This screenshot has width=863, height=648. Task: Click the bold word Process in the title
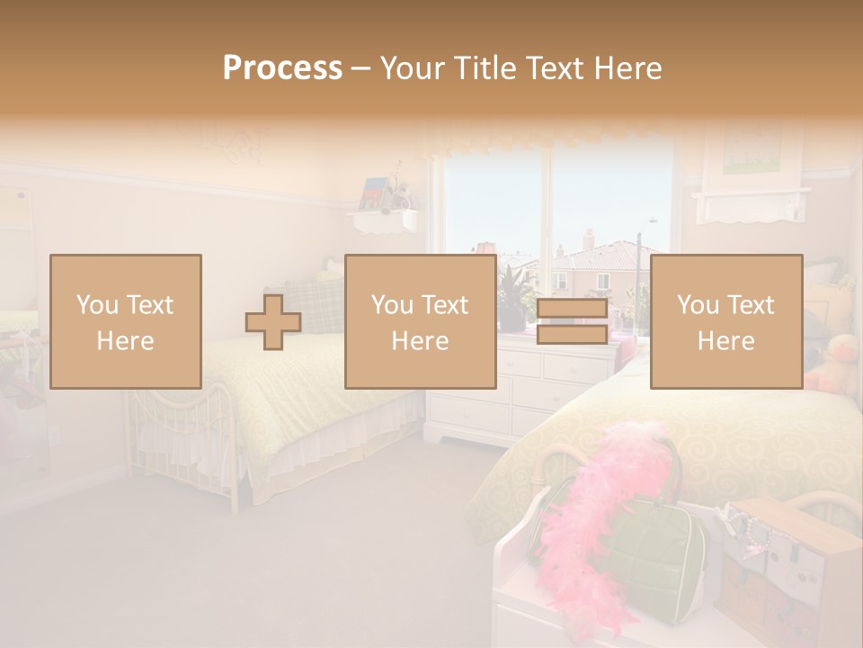coord(282,68)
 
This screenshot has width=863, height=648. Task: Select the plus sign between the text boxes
coord(273,322)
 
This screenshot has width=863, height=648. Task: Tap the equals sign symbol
coord(572,322)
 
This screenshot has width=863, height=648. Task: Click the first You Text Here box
coord(126,321)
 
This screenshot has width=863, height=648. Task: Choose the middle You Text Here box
coord(420,321)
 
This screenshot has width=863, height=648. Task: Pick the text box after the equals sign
coord(725,321)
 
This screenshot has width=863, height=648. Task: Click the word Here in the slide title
coord(629,68)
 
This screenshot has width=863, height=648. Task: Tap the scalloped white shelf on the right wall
coord(751,205)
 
